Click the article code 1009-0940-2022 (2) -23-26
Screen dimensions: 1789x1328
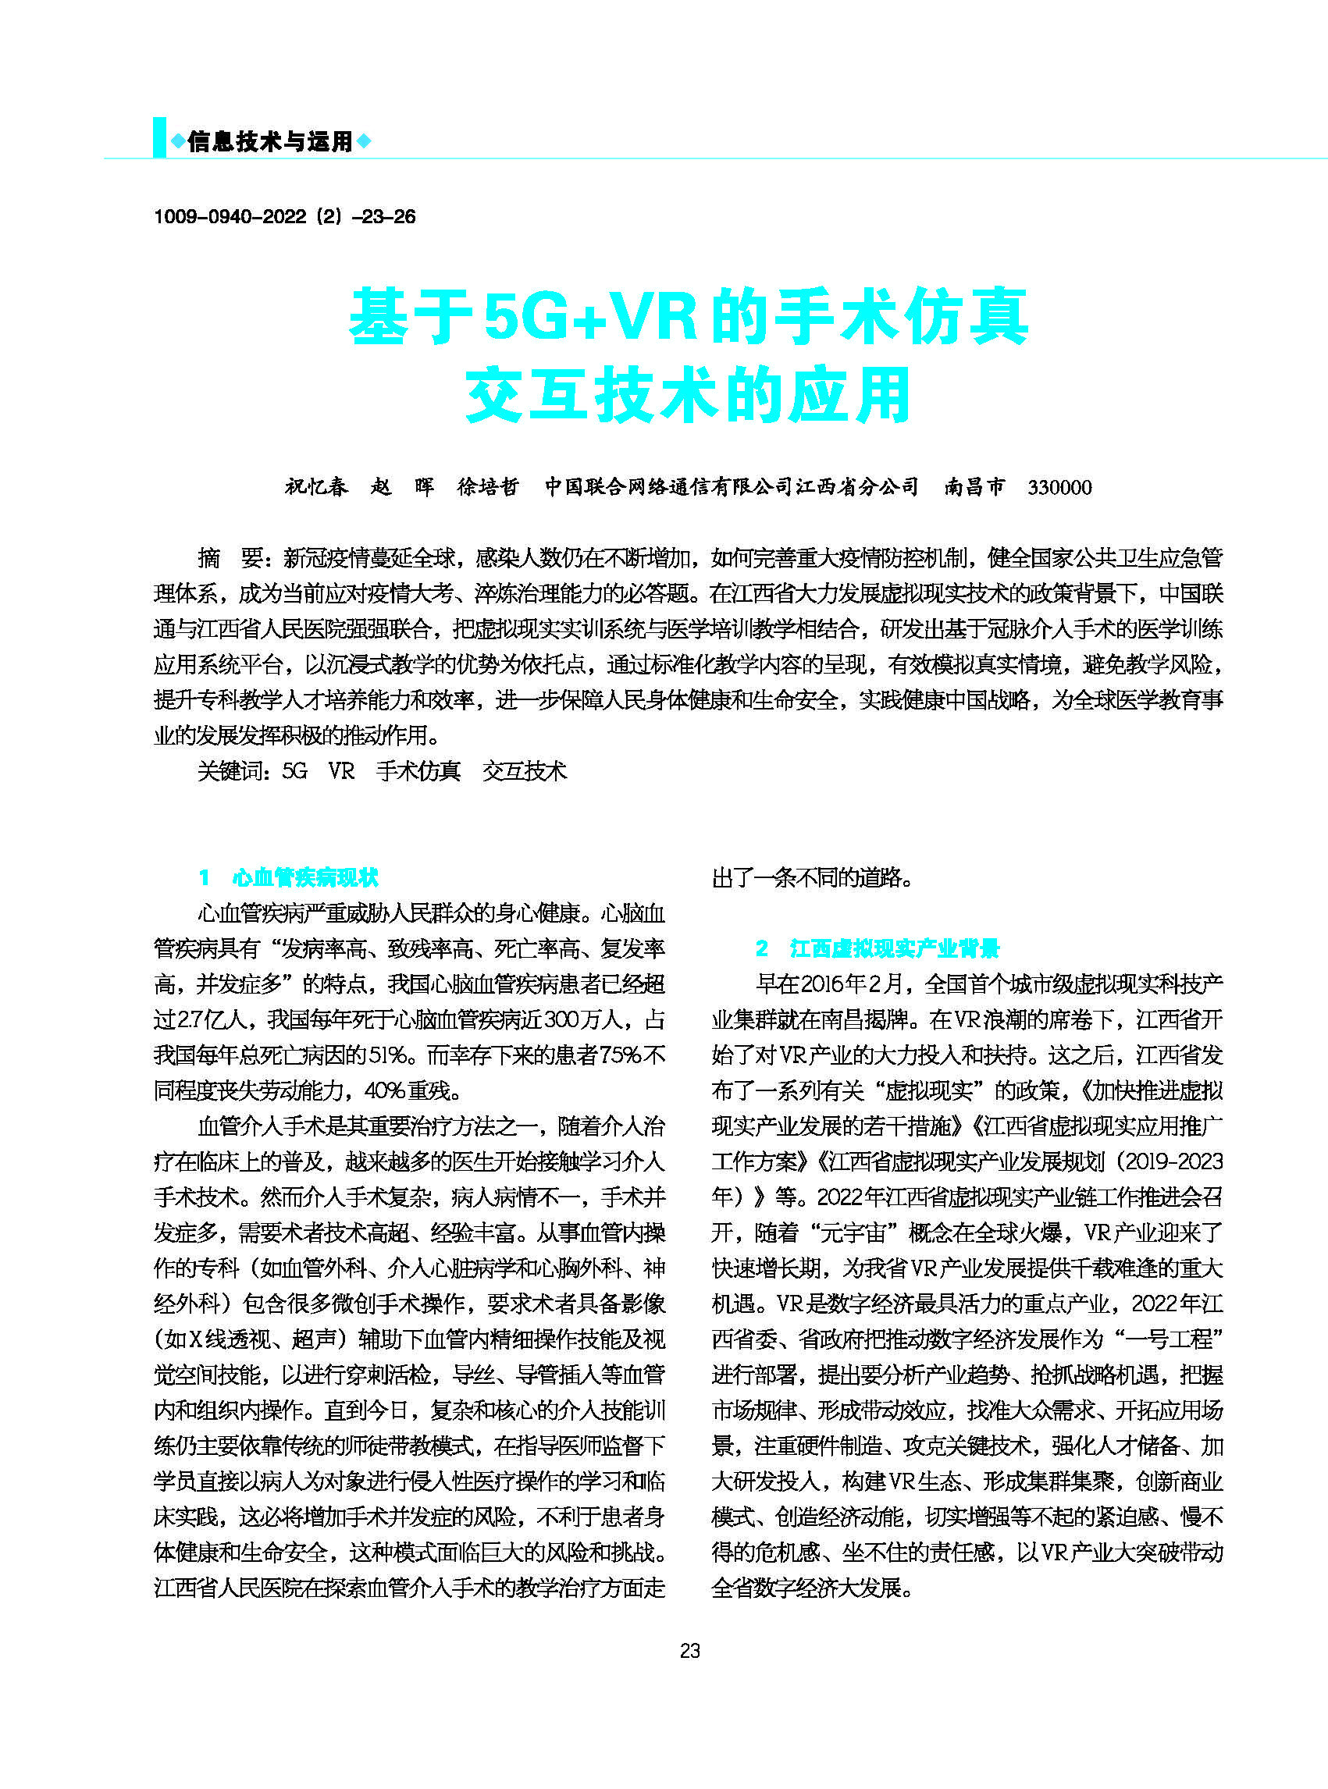(284, 216)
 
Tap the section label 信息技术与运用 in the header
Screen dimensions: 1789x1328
(270, 142)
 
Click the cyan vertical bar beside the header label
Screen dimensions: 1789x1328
(159, 137)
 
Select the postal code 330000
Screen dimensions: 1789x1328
(1059, 487)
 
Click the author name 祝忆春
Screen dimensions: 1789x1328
(316, 487)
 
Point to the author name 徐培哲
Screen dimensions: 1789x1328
(488, 487)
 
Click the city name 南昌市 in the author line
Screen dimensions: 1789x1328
(974, 487)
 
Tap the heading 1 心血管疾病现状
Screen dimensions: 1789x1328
(289, 877)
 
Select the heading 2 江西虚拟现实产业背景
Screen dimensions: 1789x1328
(877, 948)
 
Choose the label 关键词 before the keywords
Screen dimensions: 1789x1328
(231, 771)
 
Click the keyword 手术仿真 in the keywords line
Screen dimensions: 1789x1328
(418, 771)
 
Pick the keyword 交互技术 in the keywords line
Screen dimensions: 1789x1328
(524, 771)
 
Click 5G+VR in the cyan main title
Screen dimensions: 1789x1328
(591, 317)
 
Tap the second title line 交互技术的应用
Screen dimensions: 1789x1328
(688, 395)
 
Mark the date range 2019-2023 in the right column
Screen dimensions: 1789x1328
(1173, 1161)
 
